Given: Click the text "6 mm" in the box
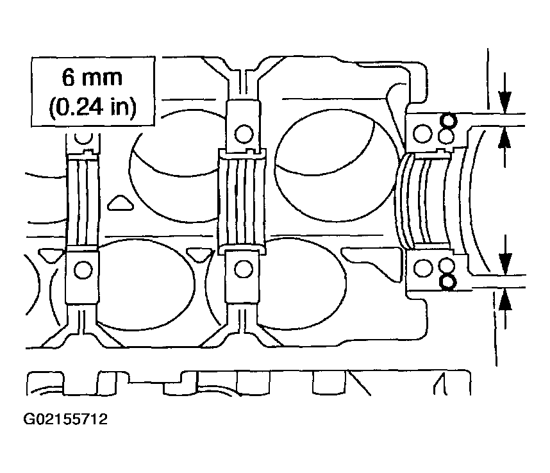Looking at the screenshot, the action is (92, 78).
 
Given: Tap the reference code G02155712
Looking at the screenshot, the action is (65, 419).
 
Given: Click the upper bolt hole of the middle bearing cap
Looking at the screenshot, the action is (244, 133).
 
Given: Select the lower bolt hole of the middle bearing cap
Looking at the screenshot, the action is (243, 269).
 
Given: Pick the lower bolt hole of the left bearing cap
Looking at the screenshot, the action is (83, 270).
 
